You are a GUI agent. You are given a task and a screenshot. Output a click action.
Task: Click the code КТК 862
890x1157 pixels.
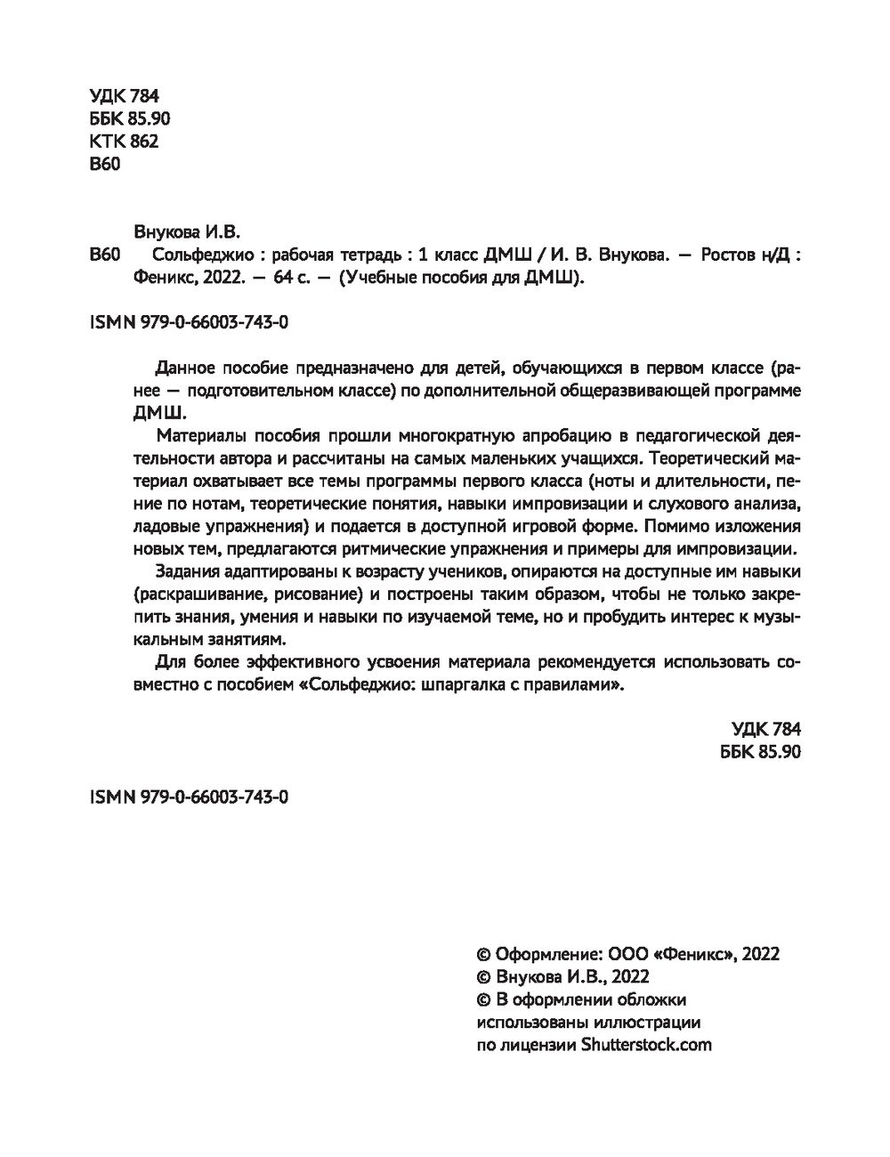click(124, 142)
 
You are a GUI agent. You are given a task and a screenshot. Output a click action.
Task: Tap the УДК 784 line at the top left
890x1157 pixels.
click(124, 97)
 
